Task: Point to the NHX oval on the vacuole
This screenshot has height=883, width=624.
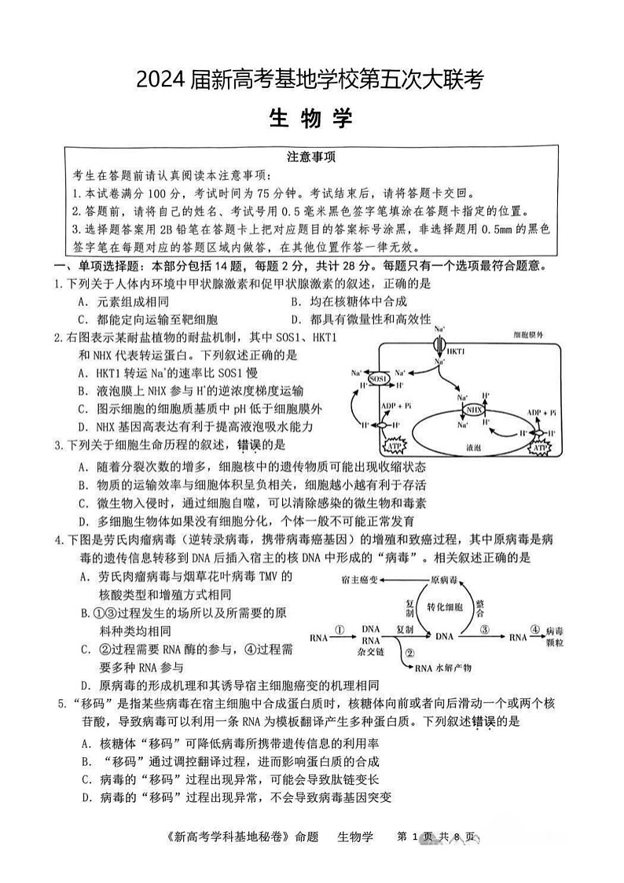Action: coord(474,410)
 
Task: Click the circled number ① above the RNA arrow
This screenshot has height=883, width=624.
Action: coord(340,629)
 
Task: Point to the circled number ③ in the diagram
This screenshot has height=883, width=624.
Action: coord(485,629)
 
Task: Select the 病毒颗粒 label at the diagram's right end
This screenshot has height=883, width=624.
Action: coord(553,636)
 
